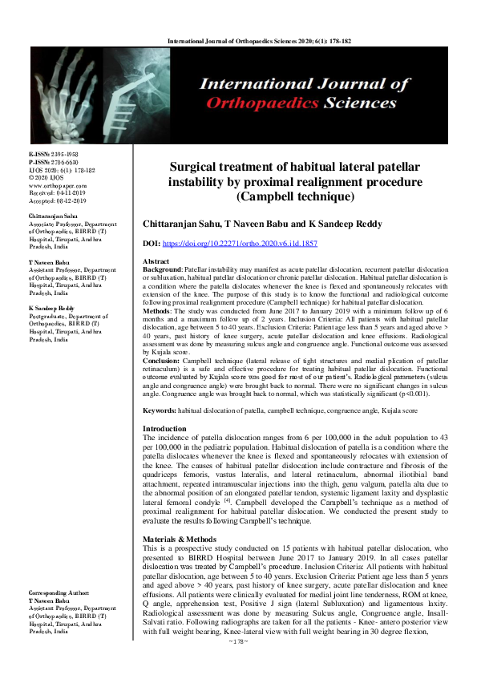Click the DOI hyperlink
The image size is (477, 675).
[252, 241]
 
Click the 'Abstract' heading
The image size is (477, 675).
[156, 262]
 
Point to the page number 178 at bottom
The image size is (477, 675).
[238, 664]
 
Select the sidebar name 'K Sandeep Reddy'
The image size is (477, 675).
[54, 309]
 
